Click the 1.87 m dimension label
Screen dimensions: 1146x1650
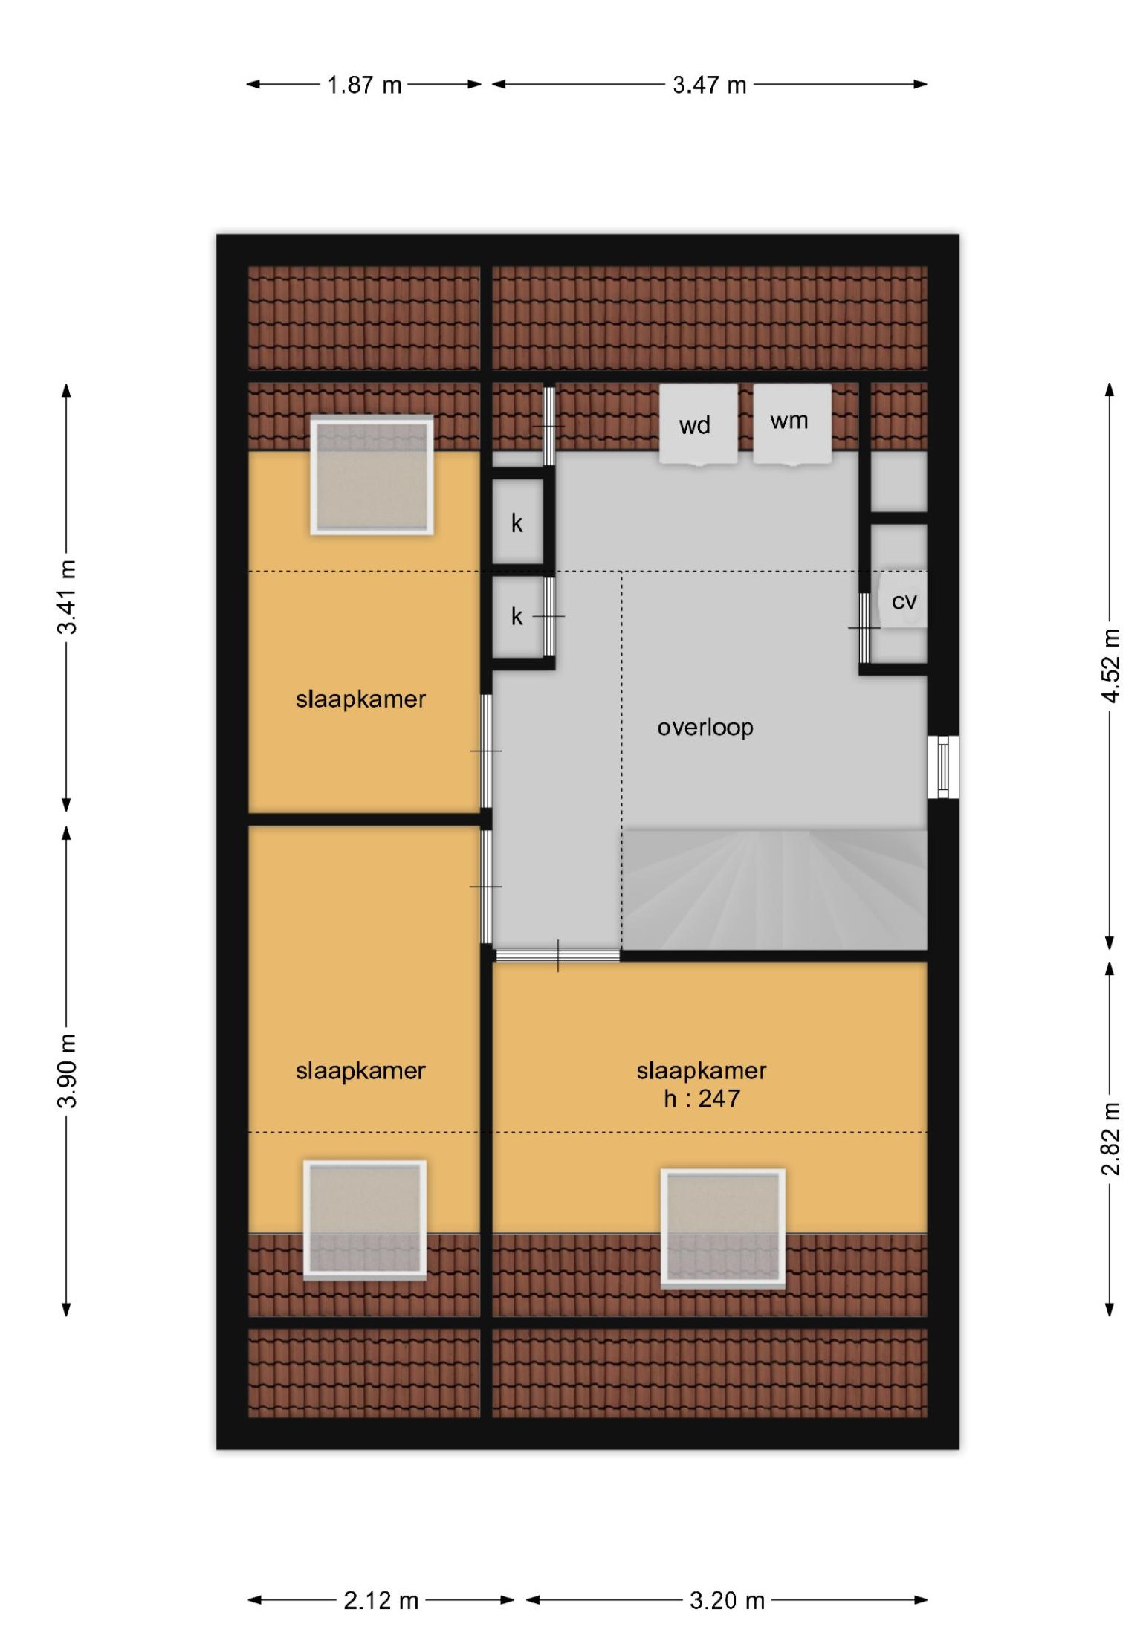[364, 85]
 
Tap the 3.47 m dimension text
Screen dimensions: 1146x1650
[709, 85]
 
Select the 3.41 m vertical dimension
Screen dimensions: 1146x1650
[67, 597]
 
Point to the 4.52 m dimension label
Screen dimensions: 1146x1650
[1110, 665]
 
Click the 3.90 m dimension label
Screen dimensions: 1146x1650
[67, 1070]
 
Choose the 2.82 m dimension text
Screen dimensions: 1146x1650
[1110, 1138]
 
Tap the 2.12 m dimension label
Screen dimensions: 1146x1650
[381, 1599]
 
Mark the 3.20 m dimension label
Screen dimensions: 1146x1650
[727, 1599]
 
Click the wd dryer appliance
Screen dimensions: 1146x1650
[698, 424]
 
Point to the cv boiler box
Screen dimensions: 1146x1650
[903, 600]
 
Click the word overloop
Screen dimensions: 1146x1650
[705, 727]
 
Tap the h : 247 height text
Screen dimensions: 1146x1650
[702, 1099]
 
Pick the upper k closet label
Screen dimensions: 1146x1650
[517, 523]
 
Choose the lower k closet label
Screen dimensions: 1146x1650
[517, 616]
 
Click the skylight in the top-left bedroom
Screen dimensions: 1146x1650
[372, 475]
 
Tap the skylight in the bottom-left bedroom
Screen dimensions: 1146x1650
[365, 1220]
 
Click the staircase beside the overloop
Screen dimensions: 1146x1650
[774, 889]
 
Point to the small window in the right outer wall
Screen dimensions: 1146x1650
[944, 767]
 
